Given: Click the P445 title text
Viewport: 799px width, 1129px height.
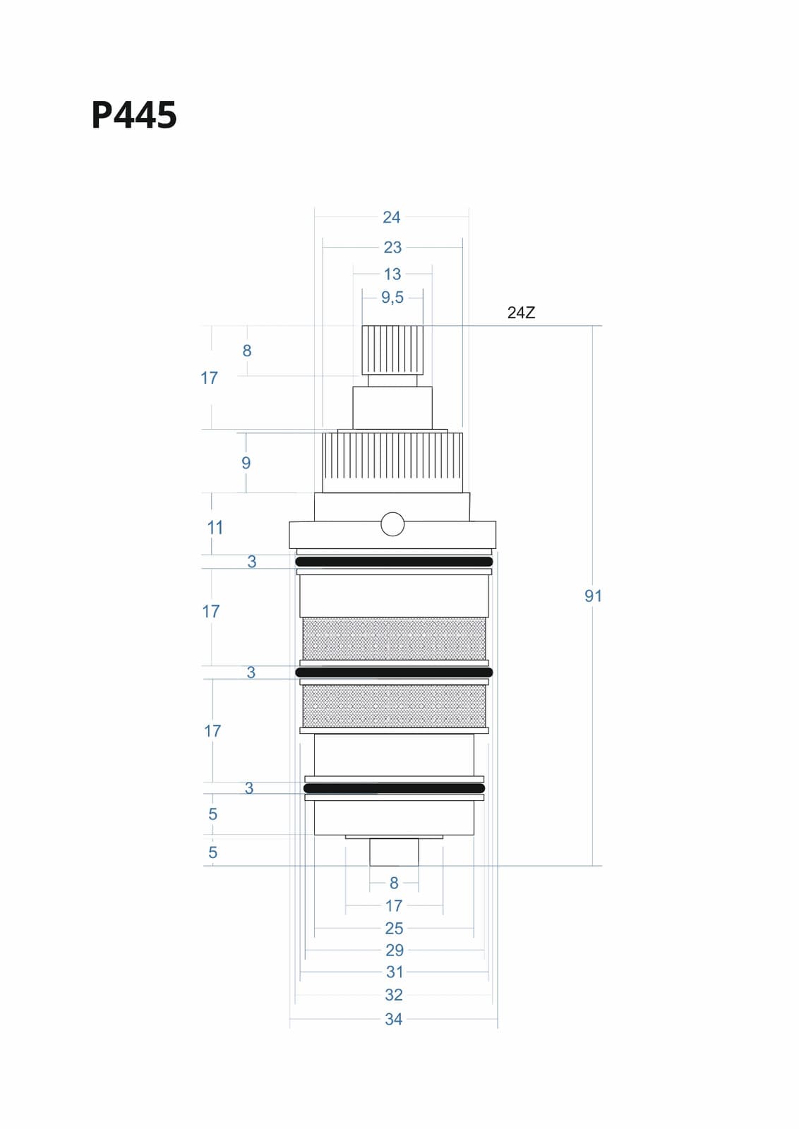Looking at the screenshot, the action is [134, 115].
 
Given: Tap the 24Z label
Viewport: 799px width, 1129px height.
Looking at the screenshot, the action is [521, 313].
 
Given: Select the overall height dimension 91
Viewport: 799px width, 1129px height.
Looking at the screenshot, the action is [594, 596].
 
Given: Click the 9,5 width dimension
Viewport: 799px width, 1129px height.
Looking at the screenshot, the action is [392, 297].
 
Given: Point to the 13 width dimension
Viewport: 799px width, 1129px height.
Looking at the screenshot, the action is [392, 274].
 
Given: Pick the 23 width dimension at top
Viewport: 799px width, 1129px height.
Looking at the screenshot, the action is [392, 248].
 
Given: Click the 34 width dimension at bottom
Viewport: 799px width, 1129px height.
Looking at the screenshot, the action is [394, 1019].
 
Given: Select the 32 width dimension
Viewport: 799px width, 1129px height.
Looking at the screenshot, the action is [394, 995].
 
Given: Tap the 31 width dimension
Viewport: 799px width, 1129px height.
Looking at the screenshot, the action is [395, 972].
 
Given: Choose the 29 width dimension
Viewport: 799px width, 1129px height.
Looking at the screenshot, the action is [395, 950].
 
